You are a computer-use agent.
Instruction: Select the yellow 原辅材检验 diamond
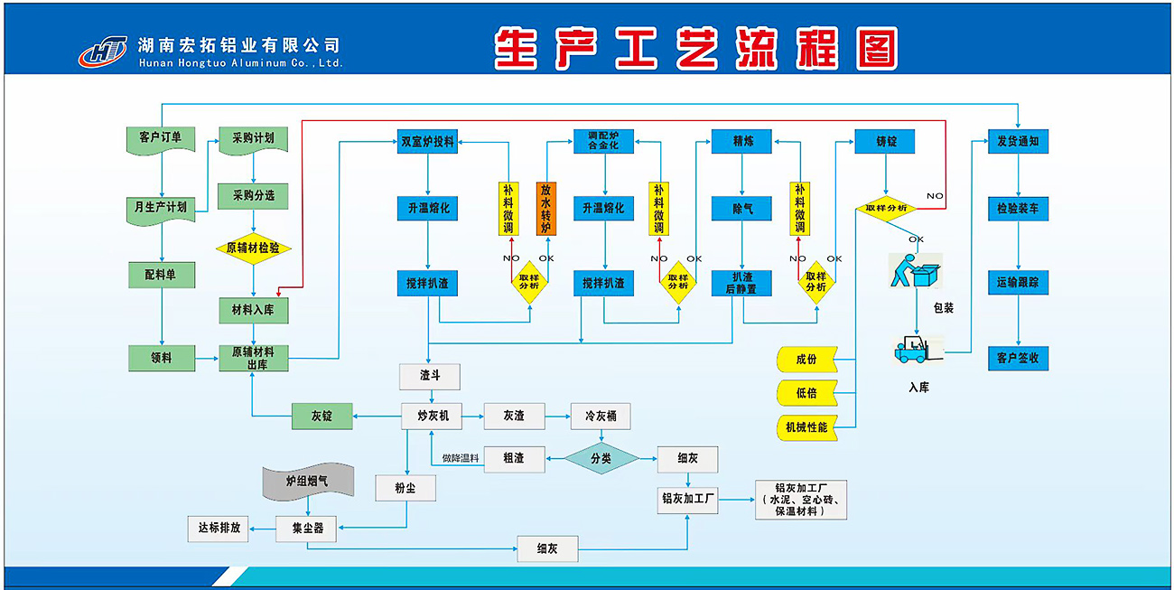253,248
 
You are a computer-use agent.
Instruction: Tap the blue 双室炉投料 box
427,142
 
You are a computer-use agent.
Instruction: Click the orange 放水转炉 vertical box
546,209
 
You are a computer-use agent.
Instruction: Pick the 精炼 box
742,142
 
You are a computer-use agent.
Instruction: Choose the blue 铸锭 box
885,142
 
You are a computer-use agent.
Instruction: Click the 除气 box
742,209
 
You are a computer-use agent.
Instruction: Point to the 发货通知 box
1018,142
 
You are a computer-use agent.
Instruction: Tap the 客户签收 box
1018,358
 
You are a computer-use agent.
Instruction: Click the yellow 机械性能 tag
806,426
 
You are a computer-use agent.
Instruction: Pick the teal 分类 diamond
601,458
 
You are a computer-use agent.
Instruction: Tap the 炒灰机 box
432,416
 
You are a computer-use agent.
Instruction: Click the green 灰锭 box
321,416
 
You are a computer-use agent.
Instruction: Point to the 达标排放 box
219,528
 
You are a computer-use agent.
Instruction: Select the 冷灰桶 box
601,416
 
